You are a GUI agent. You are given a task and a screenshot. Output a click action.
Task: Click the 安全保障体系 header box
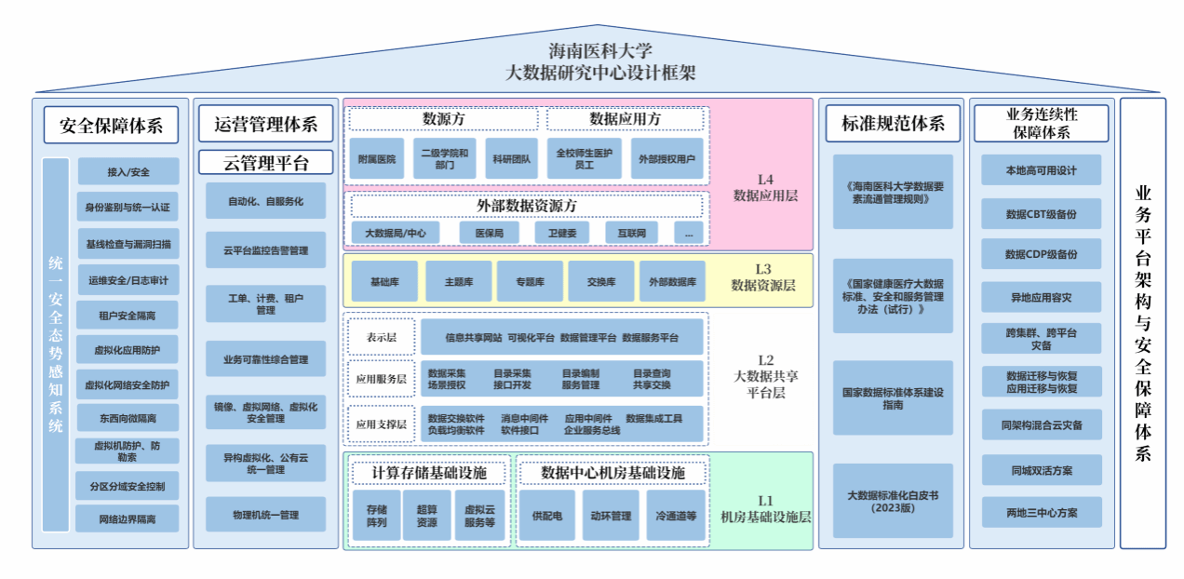[x=111, y=125]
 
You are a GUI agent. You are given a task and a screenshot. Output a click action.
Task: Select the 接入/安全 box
[x=128, y=172]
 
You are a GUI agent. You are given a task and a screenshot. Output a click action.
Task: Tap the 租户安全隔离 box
[x=128, y=316]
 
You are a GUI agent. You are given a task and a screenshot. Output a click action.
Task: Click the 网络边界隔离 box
[x=128, y=518]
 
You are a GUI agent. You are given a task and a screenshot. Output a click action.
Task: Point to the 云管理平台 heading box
[x=265, y=163]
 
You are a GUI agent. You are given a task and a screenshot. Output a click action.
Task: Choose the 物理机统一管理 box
[x=265, y=514]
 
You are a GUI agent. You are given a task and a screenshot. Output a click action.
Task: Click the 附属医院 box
[x=377, y=159]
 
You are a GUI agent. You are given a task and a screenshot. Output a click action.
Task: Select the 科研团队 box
[x=512, y=159]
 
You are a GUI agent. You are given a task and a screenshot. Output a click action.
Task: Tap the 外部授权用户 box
[x=666, y=159]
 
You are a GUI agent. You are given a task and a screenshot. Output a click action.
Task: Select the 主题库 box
[x=459, y=281]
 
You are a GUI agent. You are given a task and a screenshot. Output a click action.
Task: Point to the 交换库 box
[x=601, y=281]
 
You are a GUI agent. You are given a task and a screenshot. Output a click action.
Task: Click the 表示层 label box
[x=381, y=337]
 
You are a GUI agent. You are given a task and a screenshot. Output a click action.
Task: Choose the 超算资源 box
[x=426, y=516]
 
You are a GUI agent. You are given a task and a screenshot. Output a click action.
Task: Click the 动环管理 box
[x=611, y=516]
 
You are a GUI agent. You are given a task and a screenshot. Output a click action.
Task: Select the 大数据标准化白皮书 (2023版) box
[x=893, y=501]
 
